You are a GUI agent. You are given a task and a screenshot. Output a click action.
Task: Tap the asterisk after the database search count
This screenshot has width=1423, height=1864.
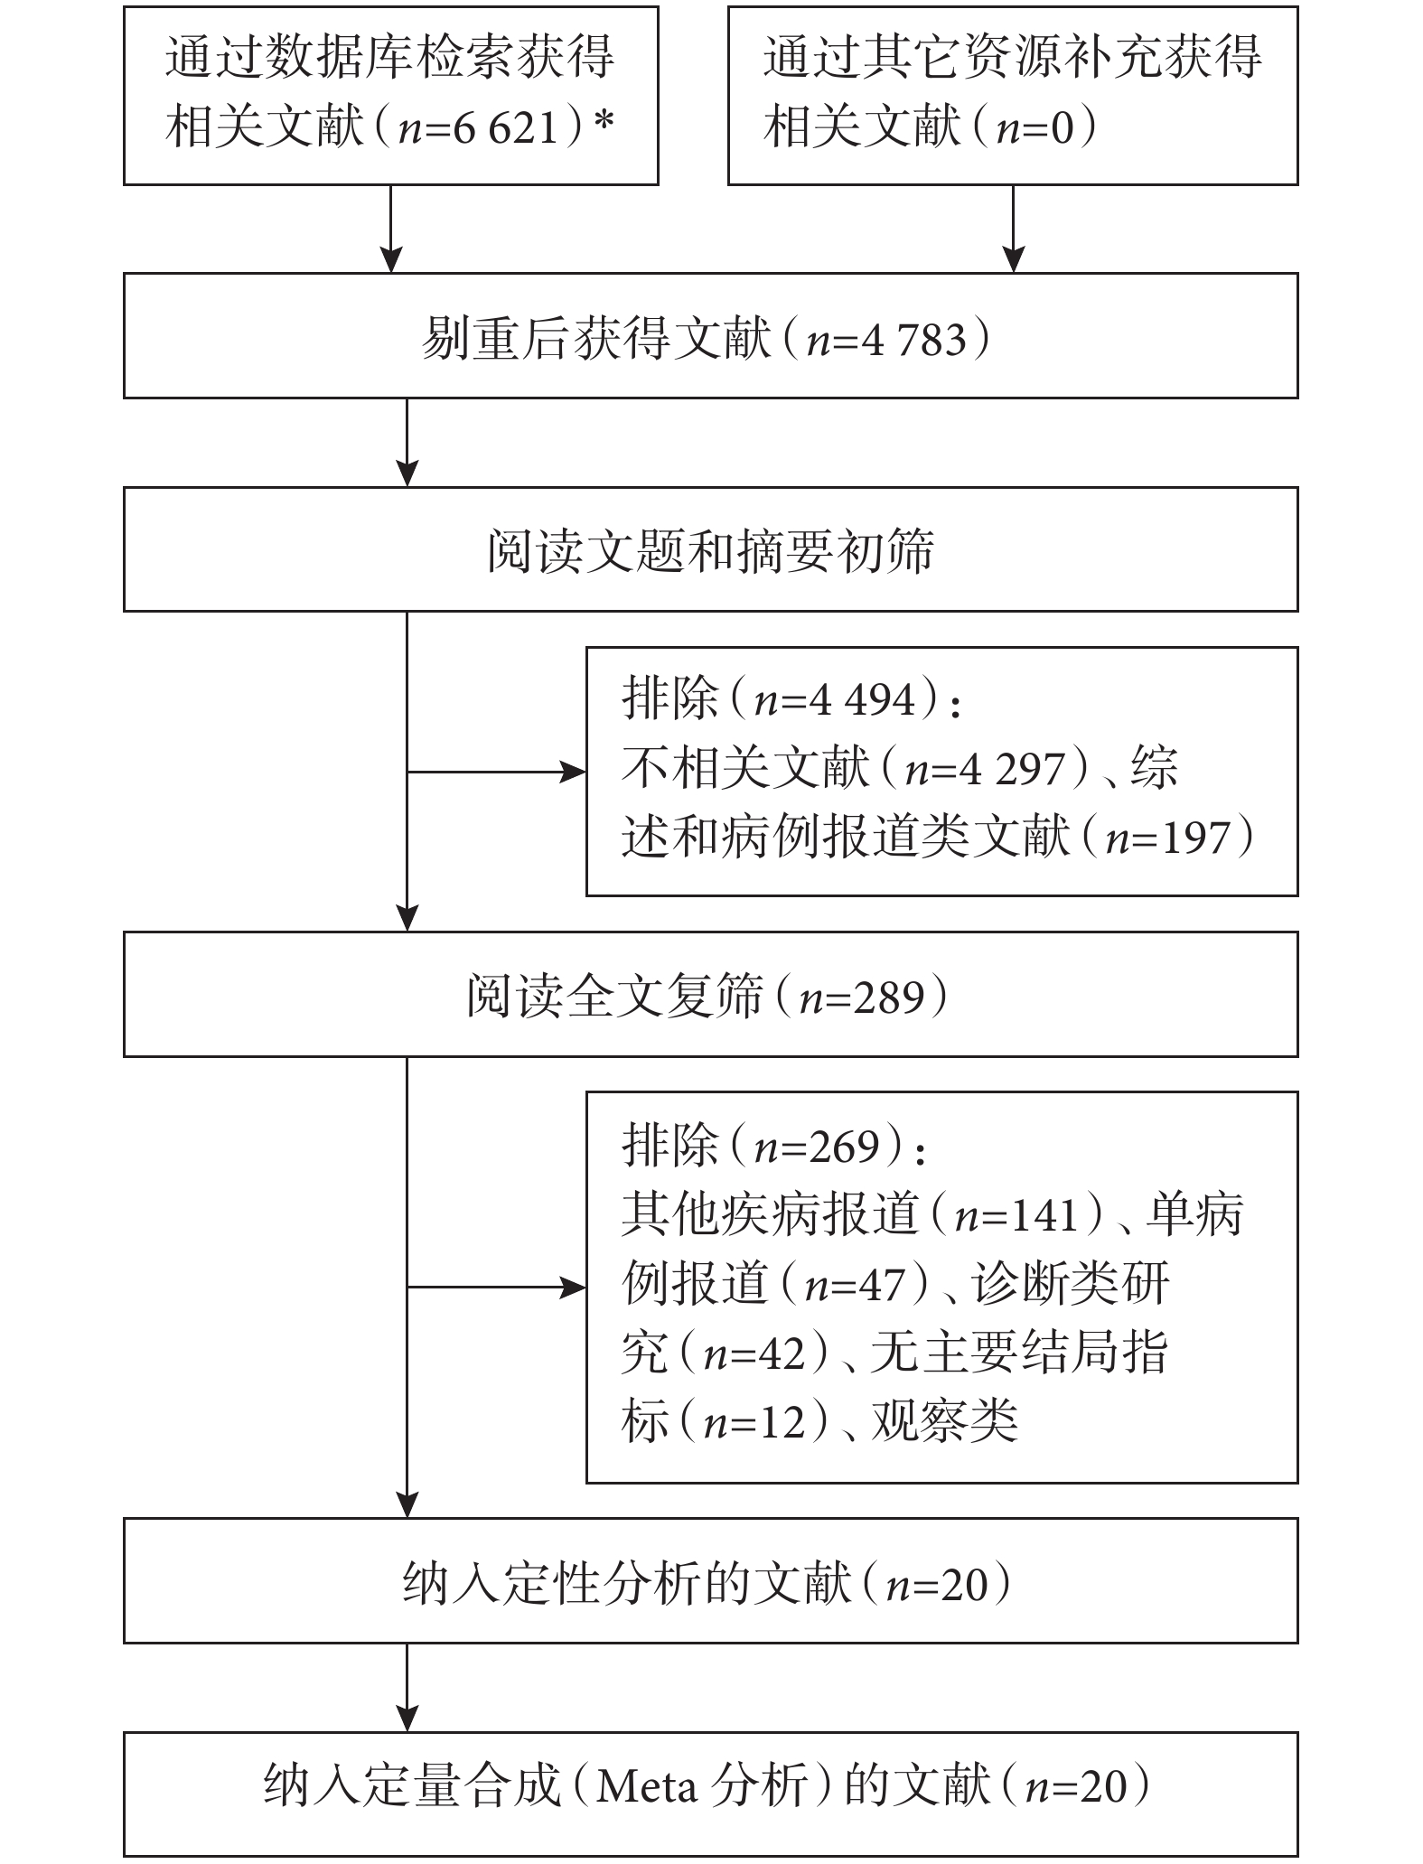(x=604, y=123)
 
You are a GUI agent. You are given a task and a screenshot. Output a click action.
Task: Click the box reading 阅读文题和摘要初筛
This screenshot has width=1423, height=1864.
(x=710, y=549)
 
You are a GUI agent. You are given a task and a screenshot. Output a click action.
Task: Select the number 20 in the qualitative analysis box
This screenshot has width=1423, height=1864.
(x=965, y=1585)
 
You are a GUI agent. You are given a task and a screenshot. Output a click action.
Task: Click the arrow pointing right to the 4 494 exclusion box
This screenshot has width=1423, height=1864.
(x=496, y=773)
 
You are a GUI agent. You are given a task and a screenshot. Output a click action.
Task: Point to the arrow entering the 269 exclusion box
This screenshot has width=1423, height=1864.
(x=496, y=1287)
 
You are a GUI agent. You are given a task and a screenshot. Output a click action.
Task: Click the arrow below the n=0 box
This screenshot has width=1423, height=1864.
(x=1014, y=229)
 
